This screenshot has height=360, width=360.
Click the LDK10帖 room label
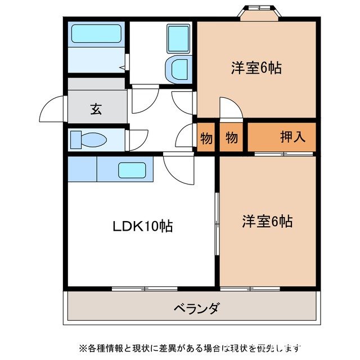click(x=143, y=227)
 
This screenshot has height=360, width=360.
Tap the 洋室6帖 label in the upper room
click(x=256, y=68)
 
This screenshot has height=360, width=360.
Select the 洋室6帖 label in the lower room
click(x=267, y=221)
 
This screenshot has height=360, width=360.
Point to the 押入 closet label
click(x=292, y=137)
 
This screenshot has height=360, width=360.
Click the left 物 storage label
click(x=206, y=138)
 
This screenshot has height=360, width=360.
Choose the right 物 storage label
click(x=231, y=138)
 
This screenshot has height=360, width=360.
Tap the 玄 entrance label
click(x=96, y=110)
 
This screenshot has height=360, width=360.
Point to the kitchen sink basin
click(x=132, y=169)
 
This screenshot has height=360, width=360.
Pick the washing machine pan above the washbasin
click(x=179, y=38)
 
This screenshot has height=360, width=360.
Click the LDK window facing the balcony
click(x=143, y=289)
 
